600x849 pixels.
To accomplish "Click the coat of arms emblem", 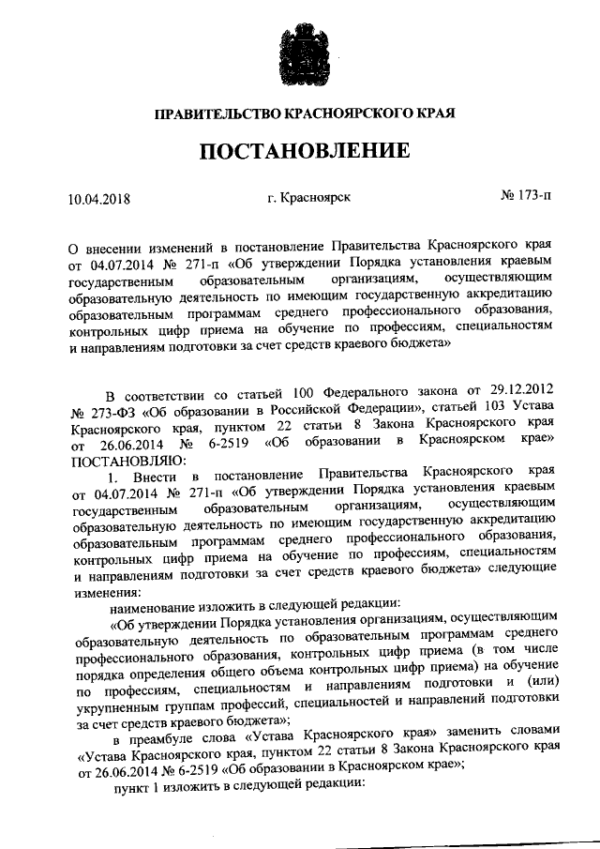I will point(300,47).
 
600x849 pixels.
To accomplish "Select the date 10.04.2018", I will point(99,198).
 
